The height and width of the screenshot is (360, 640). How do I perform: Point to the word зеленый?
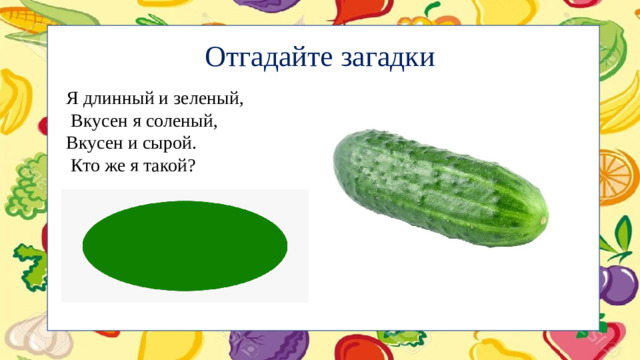[207, 99]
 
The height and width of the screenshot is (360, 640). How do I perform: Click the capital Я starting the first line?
[72, 99]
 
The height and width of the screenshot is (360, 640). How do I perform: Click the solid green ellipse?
[185, 244]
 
